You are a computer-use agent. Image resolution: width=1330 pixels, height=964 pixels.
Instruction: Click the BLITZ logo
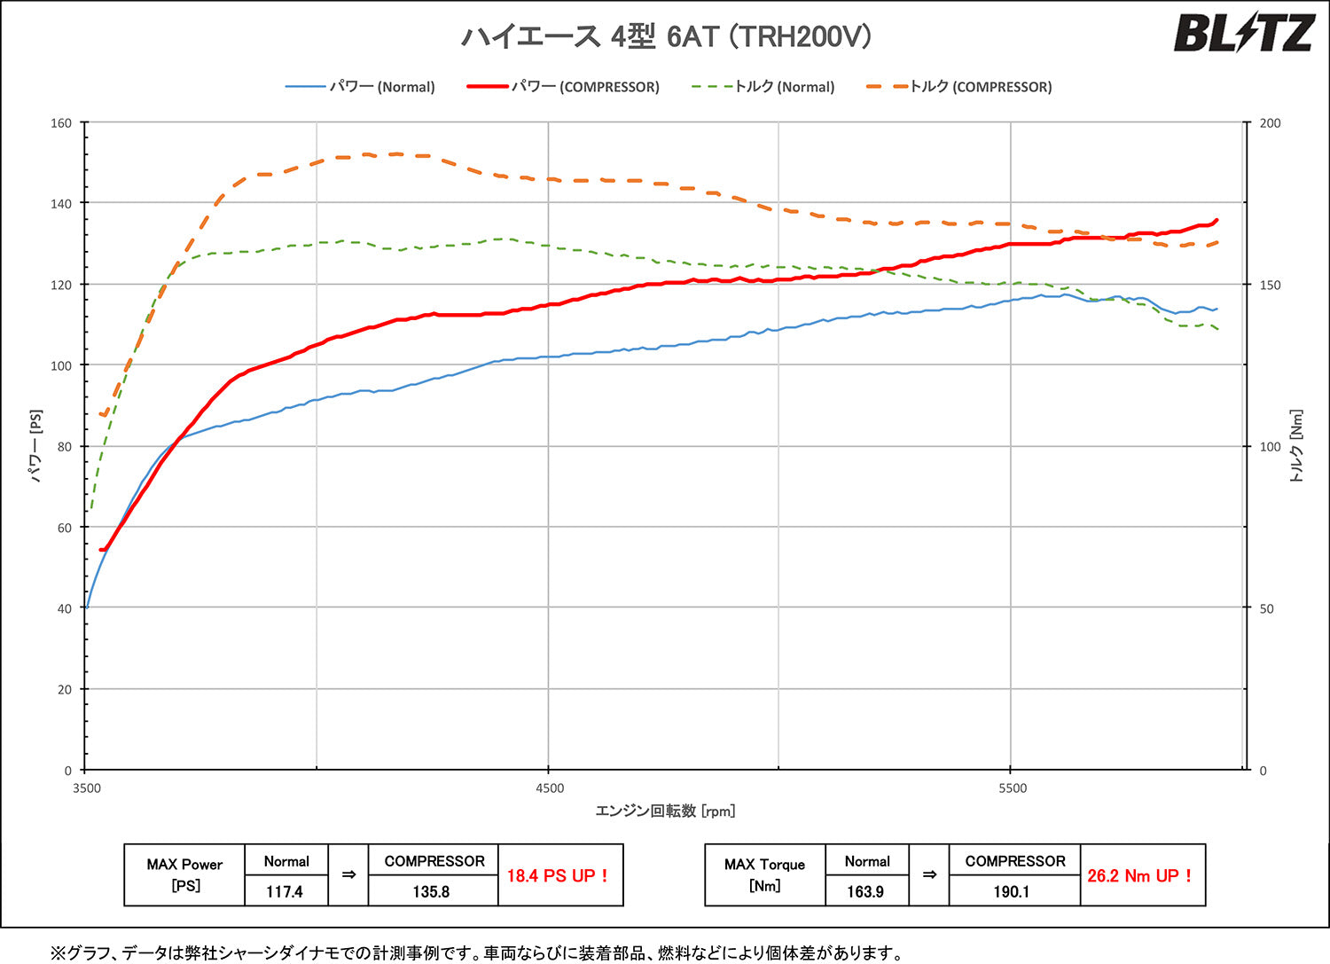tap(1243, 35)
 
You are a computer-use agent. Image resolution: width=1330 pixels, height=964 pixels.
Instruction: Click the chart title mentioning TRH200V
tap(667, 36)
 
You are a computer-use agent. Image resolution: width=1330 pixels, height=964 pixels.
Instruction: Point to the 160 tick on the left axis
tap(61, 123)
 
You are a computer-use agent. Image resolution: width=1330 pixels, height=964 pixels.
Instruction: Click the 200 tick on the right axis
tap(1270, 123)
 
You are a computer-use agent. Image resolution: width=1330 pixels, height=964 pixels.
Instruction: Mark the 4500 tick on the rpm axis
tap(550, 788)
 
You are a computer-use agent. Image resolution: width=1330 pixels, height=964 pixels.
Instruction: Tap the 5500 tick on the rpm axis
tap(1012, 788)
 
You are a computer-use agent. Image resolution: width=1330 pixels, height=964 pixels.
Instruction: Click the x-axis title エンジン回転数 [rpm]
tap(665, 811)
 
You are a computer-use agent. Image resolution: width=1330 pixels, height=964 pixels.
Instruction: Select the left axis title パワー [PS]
tap(36, 446)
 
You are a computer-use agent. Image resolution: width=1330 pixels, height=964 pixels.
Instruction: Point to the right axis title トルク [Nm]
tap(1296, 446)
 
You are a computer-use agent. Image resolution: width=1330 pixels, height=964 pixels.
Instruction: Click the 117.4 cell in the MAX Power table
tap(285, 891)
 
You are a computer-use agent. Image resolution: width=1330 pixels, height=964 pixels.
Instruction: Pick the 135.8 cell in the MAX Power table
tap(431, 891)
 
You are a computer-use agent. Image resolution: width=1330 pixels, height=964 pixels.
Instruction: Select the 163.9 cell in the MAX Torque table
tap(865, 891)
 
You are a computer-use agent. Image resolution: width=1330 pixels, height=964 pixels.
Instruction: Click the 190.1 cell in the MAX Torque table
tap(1012, 891)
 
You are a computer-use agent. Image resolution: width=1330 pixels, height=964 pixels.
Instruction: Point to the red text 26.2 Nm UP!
tap(1140, 875)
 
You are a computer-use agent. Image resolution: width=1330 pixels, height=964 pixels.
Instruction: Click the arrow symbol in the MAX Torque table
tap(929, 875)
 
